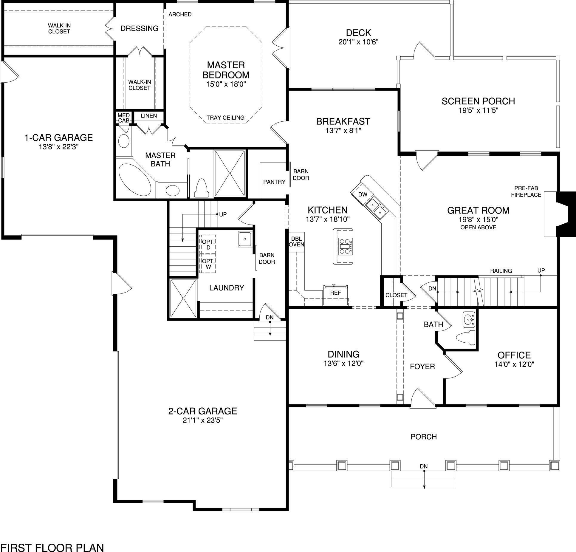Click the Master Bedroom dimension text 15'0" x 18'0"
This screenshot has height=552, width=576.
tap(225, 84)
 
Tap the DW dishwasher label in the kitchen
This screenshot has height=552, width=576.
tap(363, 194)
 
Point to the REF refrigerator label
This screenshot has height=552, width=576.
tap(335, 293)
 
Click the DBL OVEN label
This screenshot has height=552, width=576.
tap(296, 242)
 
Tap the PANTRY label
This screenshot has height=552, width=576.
tap(274, 182)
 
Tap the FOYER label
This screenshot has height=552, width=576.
tap(422, 367)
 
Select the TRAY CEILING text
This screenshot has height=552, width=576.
tap(225, 118)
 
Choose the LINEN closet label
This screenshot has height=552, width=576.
tap(149, 116)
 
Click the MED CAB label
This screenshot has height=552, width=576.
tap(124, 118)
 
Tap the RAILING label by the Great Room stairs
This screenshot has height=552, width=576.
tap(501, 271)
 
